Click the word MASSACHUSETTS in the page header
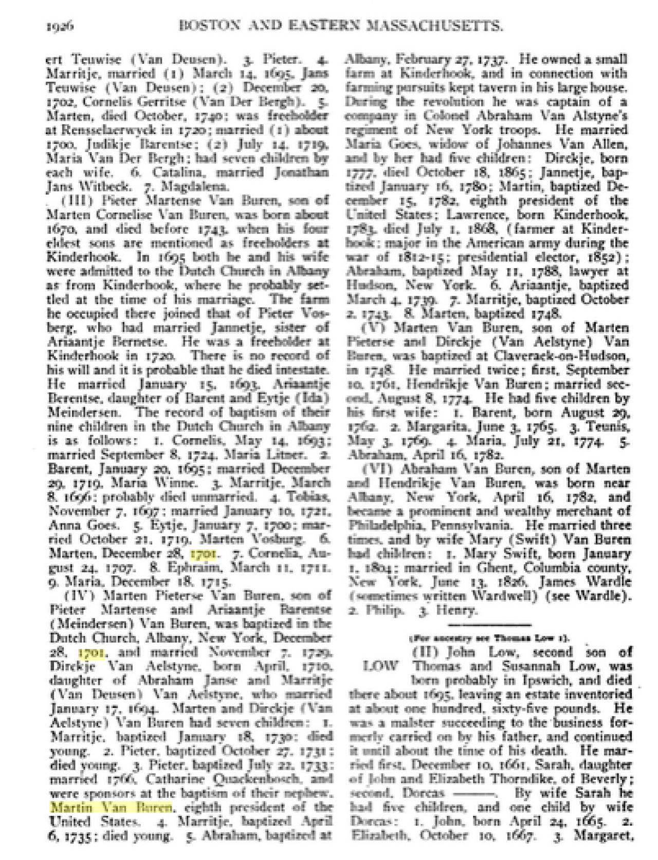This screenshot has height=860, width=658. [x=433, y=26]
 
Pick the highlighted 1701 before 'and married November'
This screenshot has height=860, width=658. [x=93, y=652]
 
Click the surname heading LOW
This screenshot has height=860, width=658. [x=380, y=666]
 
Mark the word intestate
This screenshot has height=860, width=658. [x=302, y=369]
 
